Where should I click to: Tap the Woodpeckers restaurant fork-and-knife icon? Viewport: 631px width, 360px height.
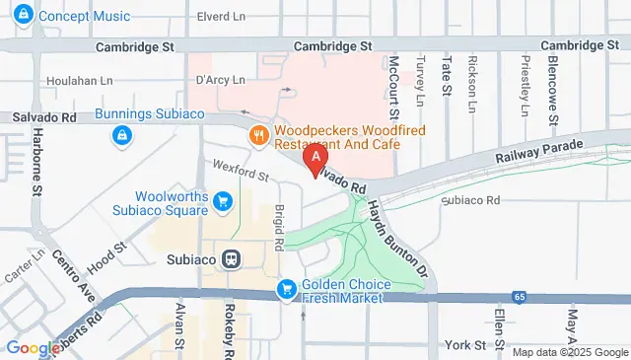coord(260,135)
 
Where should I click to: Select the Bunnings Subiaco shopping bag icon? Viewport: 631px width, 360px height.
coord(121,137)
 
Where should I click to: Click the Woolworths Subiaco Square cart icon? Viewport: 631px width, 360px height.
coord(223,202)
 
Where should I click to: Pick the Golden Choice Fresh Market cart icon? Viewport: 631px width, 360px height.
coord(287,288)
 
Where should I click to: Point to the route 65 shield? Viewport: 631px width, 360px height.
coord(519,296)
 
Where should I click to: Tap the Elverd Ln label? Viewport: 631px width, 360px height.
coord(222,17)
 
